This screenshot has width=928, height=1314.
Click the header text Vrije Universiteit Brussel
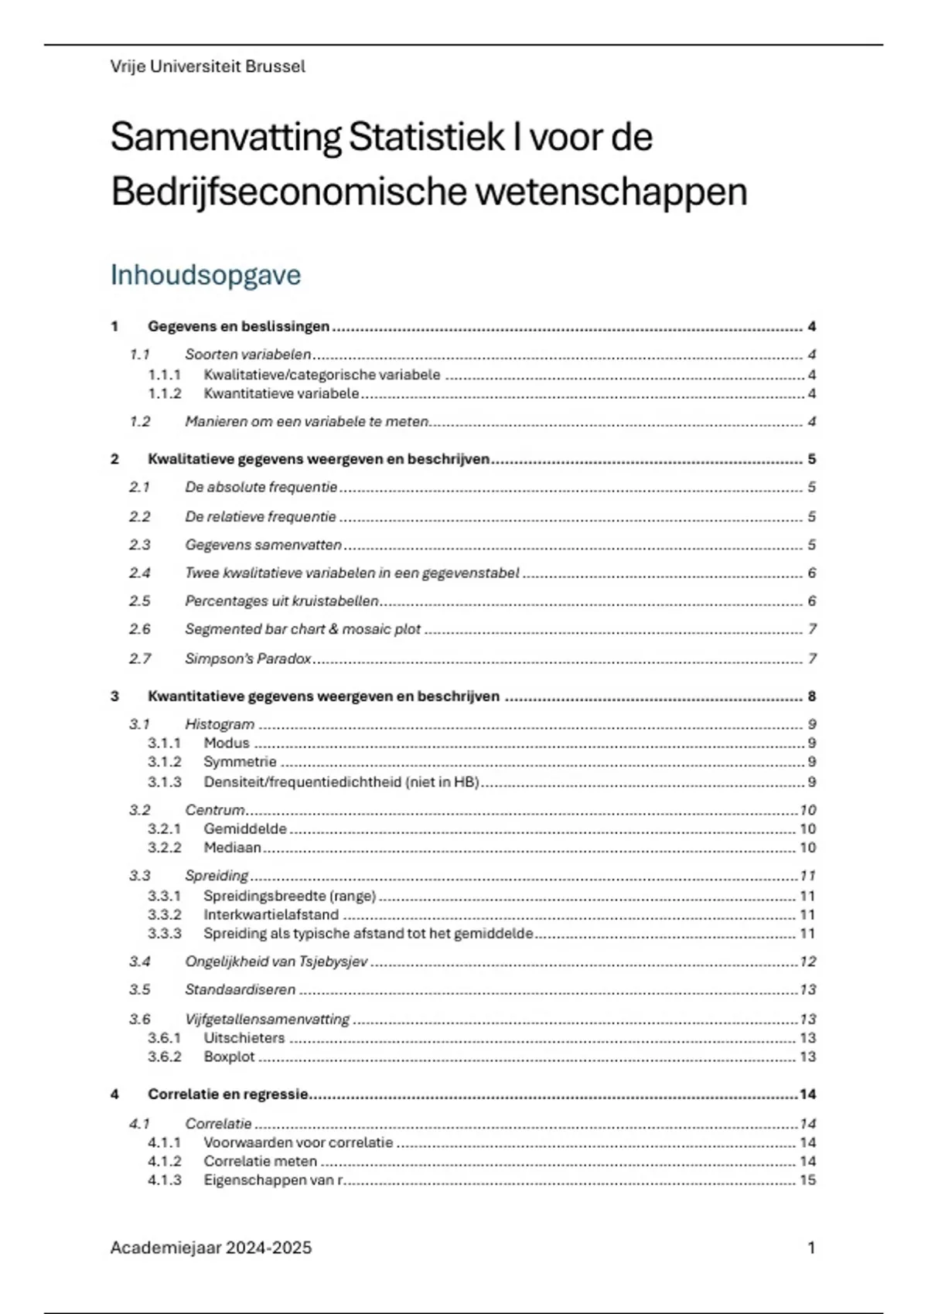207,66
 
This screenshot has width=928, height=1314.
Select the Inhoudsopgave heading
205,274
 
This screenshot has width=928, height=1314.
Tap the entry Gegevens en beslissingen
238,326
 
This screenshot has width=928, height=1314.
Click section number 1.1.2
164,393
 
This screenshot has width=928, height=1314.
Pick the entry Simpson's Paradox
247,659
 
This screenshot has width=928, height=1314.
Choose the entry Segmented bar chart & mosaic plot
302,629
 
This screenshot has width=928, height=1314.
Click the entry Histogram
220,724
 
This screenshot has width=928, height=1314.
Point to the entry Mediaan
232,847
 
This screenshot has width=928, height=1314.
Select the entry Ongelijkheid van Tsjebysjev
276,962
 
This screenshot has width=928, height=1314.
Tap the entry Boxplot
229,1057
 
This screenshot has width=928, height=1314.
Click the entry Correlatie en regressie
228,1094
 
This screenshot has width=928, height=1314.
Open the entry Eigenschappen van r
273,1180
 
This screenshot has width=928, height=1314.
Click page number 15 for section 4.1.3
807,1180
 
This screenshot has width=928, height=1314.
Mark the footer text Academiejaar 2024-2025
210,1248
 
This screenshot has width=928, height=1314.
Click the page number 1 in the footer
811,1248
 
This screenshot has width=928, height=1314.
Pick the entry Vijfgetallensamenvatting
267,1019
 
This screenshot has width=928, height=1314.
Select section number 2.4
139,573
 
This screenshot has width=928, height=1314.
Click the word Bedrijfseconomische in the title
288,192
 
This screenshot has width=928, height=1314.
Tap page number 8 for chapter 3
812,696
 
